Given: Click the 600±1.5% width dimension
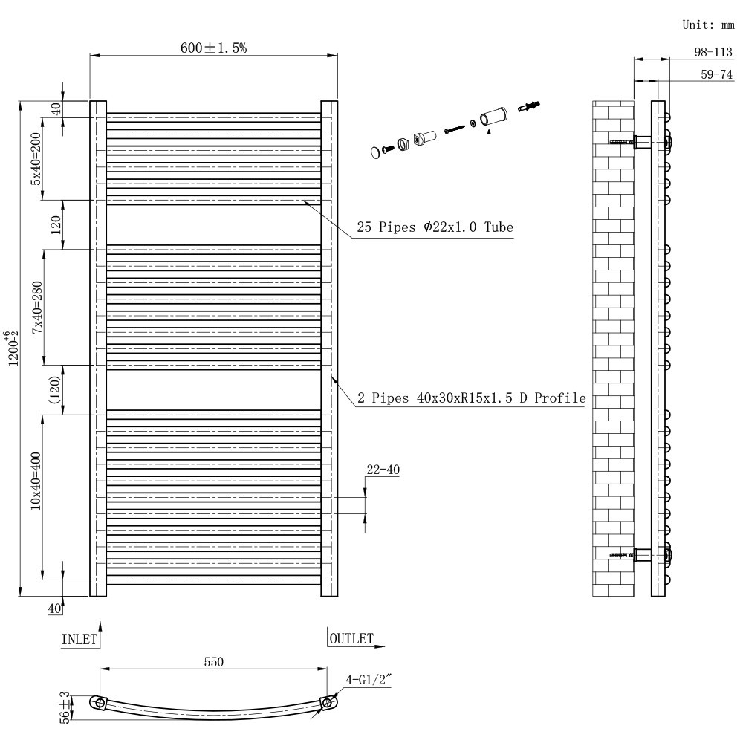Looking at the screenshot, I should (x=213, y=48).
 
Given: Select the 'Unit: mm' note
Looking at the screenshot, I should (x=707, y=25).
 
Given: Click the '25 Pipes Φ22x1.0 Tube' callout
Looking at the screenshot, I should (x=435, y=227).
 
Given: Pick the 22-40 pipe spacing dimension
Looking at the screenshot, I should (x=383, y=470).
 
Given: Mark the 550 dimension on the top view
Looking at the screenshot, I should (x=212, y=661).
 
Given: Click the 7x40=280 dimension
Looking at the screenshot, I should (x=36, y=307).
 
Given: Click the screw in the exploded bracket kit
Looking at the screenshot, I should (x=452, y=129).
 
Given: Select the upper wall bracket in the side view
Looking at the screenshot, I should (x=642, y=141).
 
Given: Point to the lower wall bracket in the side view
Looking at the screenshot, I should (x=642, y=554).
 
